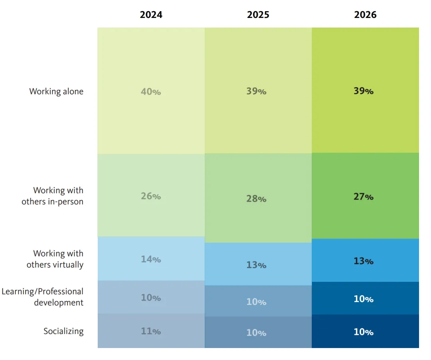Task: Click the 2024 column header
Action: point(151,14)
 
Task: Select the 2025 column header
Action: point(258,14)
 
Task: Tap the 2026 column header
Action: point(365,14)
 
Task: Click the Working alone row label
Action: point(56,91)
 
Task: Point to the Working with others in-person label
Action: point(53,196)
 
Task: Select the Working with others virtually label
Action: point(55,259)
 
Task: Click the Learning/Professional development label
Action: point(43,297)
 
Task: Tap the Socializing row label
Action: point(63,331)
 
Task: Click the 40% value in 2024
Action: point(151,91)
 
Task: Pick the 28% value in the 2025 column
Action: point(256,199)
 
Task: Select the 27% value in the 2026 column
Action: point(364,197)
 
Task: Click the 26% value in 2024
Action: point(151,196)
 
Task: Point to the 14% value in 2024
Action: point(151,259)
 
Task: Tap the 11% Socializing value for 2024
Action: point(151,331)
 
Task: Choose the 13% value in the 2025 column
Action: point(256,265)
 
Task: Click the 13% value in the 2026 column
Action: point(364,261)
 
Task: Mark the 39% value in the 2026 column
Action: point(364,91)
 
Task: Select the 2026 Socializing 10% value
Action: point(364,332)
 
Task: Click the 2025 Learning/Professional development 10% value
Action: point(256,302)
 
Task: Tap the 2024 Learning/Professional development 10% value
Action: point(151,298)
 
